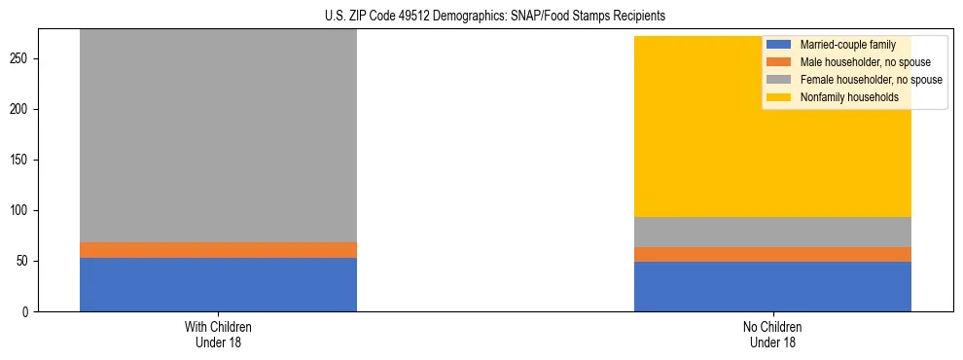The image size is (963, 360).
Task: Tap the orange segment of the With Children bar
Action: pyautogui.click(x=218, y=250)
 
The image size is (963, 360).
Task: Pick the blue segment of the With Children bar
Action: pyautogui.click(x=218, y=284)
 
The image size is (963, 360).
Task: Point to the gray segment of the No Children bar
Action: pyautogui.click(x=772, y=232)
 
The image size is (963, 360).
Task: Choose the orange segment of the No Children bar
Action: pyautogui.click(x=772, y=254)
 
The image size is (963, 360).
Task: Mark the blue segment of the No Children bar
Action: pyautogui.click(x=772, y=286)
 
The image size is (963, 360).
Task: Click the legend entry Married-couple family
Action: pyautogui.click(x=847, y=45)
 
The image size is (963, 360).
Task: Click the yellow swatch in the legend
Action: pyautogui.click(x=779, y=97)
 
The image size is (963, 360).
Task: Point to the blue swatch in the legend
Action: pyautogui.click(x=779, y=45)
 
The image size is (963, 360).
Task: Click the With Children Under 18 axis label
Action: pyautogui.click(x=218, y=334)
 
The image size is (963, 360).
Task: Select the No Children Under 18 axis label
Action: pyautogui.click(x=772, y=334)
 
